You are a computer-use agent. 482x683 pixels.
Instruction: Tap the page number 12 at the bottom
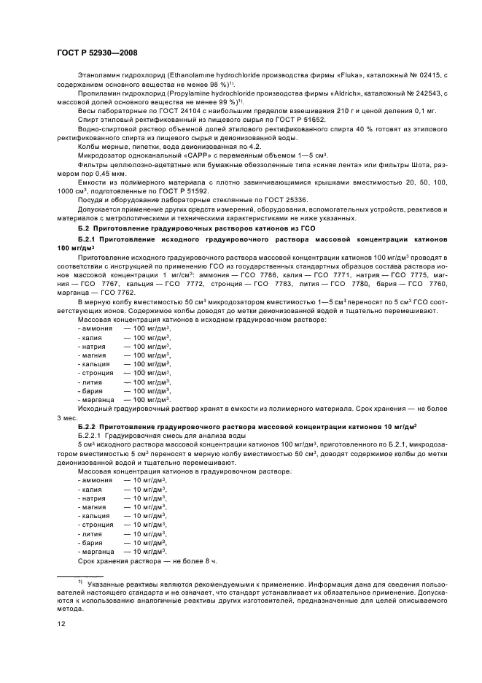tap(61, 623)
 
